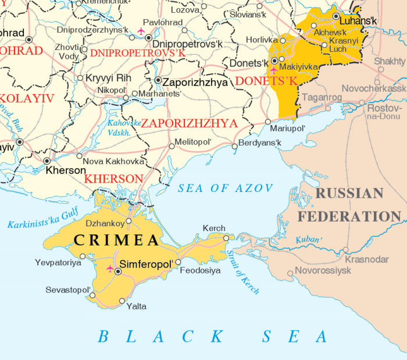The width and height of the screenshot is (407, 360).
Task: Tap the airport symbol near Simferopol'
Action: point(110,268)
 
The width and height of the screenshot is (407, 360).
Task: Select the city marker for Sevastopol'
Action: point(92,295)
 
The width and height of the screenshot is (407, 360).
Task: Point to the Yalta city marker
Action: point(122,301)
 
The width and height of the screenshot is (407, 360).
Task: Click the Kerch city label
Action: point(213,229)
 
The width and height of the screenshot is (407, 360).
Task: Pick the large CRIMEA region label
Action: point(116,240)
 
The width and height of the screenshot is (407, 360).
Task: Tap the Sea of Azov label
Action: point(225,188)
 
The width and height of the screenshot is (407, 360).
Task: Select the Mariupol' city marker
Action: point(268,122)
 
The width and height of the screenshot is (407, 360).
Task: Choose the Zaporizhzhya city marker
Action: point(158,80)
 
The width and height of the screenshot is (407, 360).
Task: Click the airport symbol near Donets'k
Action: point(273,69)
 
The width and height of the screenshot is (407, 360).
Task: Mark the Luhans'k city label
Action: point(358,22)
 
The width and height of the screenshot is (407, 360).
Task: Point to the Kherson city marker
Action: point(47,161)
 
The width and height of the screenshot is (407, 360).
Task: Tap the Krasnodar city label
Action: point(366,259)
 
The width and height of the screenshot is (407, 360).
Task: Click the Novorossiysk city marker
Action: point(290,273)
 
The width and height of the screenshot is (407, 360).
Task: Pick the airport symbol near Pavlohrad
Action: point(140,30)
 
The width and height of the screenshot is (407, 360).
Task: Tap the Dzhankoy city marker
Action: point(128,221)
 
